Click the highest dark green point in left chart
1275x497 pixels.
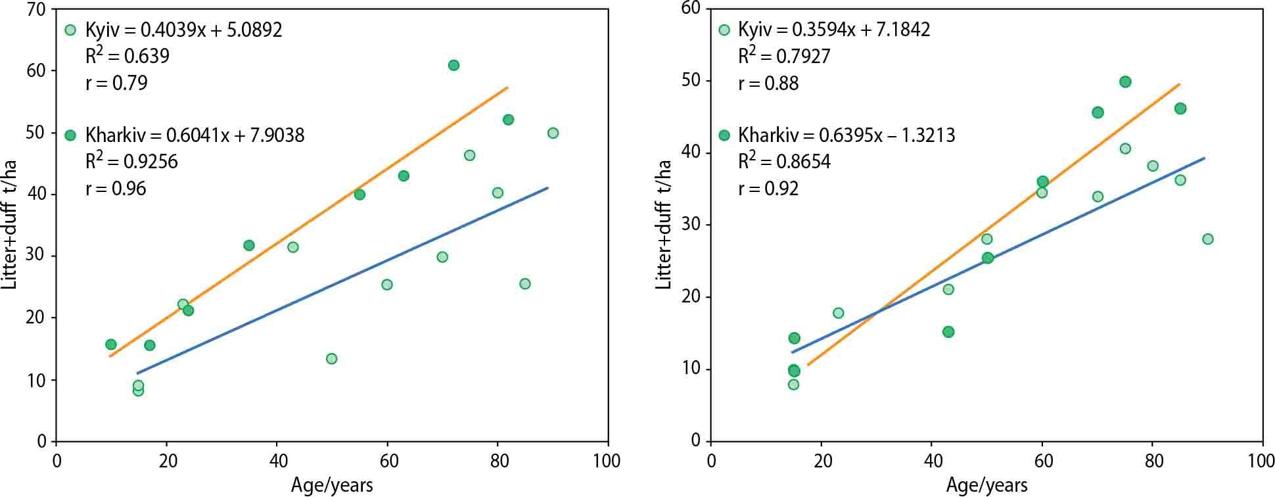tap(453, 65)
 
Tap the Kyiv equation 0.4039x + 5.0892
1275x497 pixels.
tap(183, 30)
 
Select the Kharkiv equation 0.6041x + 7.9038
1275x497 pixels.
tap(195, 135)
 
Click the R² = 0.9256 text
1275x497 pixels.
tap(131, 162)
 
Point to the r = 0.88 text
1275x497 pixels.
tap(768, 83)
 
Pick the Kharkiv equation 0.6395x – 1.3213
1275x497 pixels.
tap(846, 135)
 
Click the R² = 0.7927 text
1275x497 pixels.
tap(784, 57)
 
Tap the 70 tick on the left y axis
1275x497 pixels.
tap(35, 9)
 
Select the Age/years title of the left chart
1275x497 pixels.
tap(332, 486)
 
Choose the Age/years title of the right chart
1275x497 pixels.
tap(986, 486)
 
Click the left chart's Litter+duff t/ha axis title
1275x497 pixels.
tap(10, 224)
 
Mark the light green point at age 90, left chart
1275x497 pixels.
tap(553, 133)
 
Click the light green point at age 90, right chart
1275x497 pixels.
tap(1207, 239)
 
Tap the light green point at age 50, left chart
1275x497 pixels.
tap(331, 358)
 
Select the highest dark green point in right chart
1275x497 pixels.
tap(1124, 82)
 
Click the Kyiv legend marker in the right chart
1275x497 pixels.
tap(724, 30)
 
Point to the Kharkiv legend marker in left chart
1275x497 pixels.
tap(70, 135)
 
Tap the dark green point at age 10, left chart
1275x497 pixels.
tap(111, 344)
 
